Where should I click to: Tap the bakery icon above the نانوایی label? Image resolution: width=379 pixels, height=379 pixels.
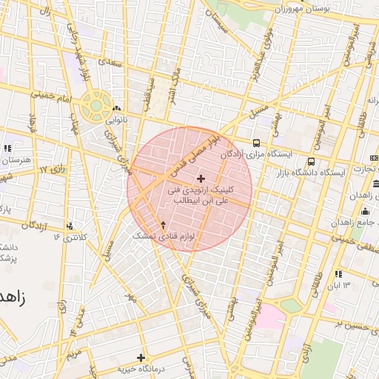point(117,108)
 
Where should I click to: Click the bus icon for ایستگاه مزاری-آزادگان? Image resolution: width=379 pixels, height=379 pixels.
point(256,143)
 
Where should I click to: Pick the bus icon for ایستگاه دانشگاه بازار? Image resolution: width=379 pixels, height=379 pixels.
point(311,161)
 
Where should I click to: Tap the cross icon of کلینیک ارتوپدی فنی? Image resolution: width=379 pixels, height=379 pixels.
point(201,178)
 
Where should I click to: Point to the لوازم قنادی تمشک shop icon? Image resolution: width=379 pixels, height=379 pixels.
point(164,224)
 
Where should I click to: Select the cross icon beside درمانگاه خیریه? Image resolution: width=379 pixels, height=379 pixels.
point(141,358)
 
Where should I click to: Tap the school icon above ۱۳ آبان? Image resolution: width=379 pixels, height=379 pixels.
point(339,274)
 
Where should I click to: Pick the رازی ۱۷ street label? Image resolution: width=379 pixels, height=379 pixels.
point(53,170)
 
